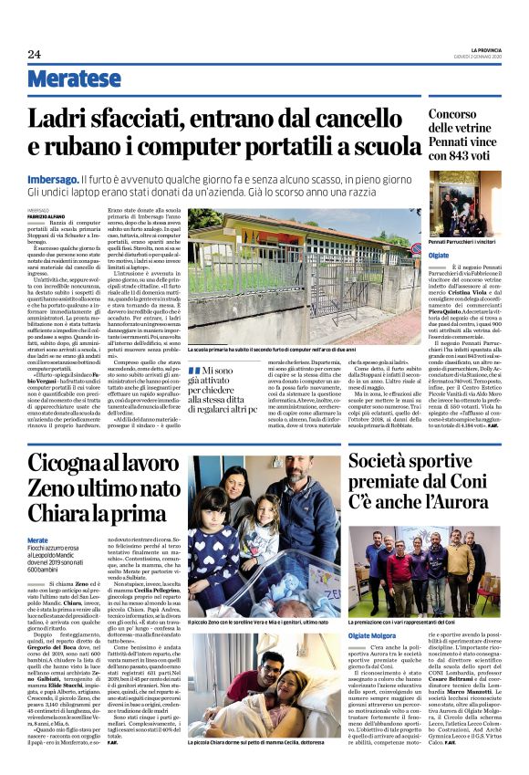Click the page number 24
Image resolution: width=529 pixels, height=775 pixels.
click(x=34, y=54)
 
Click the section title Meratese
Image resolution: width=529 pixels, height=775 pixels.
click(x=74, y=79)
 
